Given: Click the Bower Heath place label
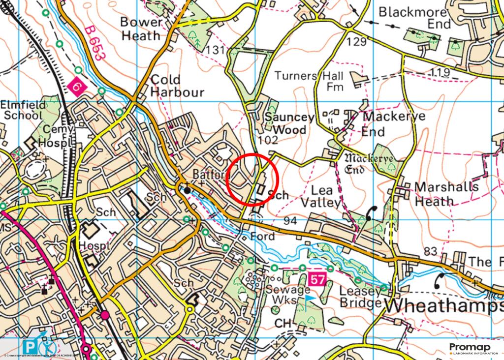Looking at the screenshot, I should (x=141, y=29).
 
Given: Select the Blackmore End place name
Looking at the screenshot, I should (x=415, y=18).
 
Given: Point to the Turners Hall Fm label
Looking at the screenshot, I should (x=309, y=81).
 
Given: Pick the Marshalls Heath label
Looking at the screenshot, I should (x=446, y=194).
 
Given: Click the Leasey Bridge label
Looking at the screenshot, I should (x=361, y=297).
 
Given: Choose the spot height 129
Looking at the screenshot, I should (x=356, y=42).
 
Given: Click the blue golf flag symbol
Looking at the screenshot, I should (x=308, y=299).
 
